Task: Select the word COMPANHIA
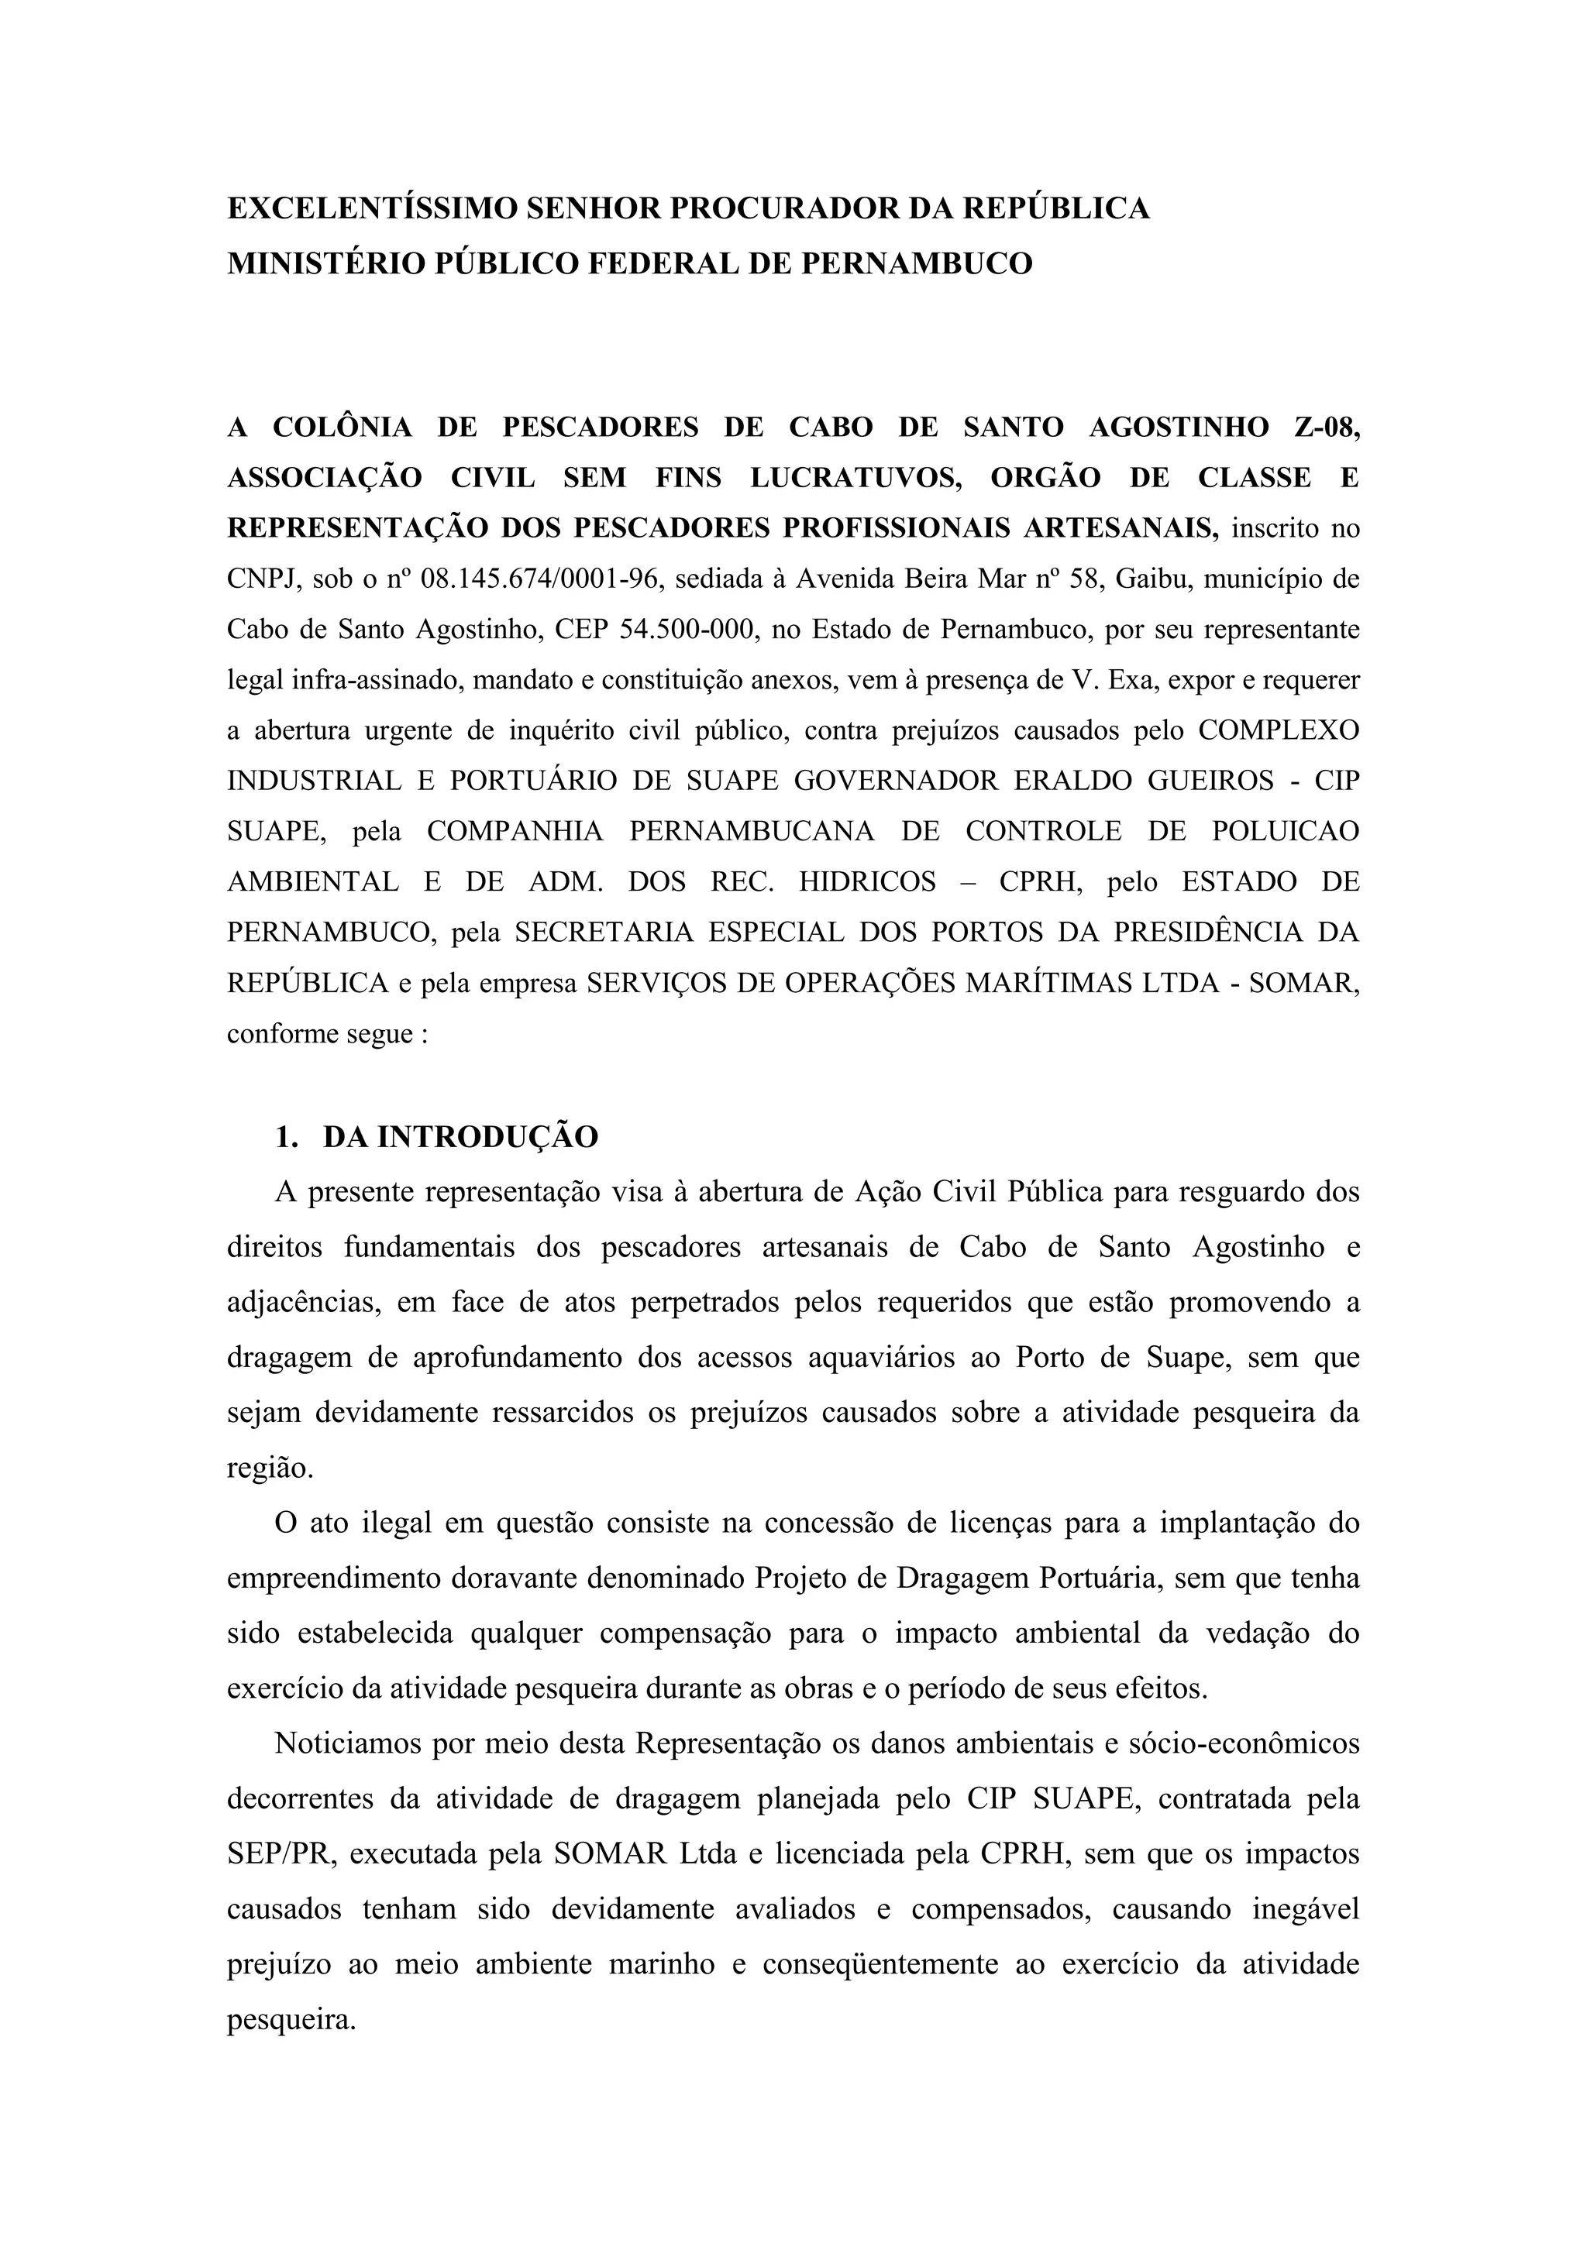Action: (515, 831)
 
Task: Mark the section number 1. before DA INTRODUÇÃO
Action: (286, 1137)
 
